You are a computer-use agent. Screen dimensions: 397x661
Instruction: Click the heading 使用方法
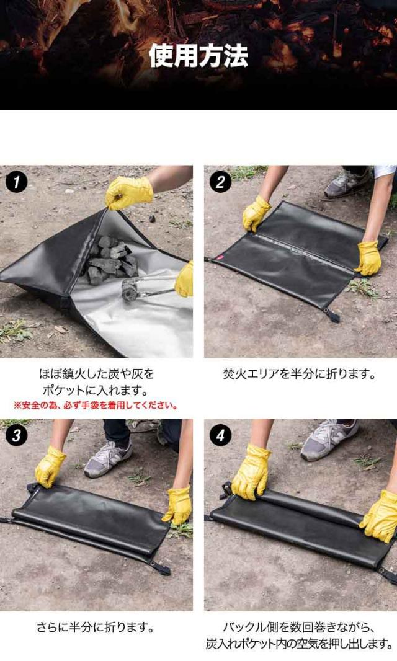point(198,56)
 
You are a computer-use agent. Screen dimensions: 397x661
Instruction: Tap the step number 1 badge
point(17,182)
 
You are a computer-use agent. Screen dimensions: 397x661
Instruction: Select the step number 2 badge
point(220,182)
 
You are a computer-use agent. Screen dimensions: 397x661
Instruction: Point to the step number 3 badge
point(17,435)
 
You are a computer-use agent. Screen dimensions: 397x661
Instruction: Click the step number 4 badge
point(220,435)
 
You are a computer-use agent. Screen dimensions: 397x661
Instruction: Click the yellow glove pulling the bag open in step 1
point(128,192)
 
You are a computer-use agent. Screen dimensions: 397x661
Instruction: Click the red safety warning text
point(96,406)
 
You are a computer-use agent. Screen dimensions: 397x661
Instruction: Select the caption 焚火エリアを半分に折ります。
point(299,374)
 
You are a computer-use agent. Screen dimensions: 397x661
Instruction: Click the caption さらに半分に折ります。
point(96,628)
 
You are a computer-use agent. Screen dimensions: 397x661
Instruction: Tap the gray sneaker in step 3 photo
point(108,459)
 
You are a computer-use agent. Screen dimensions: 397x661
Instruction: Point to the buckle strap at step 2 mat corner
point(332,314)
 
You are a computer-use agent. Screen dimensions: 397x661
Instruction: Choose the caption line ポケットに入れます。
point(96,390)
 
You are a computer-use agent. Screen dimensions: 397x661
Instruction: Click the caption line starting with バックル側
point(299,628)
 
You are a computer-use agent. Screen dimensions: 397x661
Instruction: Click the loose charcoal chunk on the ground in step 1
point(151,219)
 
